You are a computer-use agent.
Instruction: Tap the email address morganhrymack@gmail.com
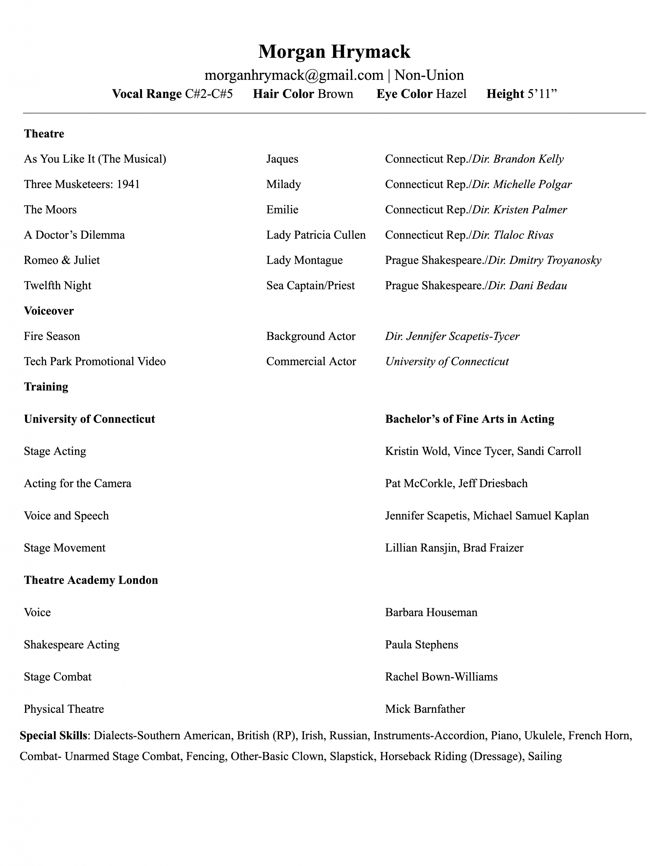(294, 75)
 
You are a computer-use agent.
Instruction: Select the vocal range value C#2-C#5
(209, 94)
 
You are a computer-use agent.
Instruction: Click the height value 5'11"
(542, 94)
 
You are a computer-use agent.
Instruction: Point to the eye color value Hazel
(451, 94)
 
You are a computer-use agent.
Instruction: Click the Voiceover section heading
(49, 311)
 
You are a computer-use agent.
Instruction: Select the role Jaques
(282, 159)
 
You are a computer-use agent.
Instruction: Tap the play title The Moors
(50, 210)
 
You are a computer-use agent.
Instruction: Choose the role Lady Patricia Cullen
(316, 235)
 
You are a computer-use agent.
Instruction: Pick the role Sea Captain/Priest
(310, 286)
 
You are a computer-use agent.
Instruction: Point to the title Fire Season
(52, 337)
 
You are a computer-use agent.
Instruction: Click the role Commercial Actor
(311, 362)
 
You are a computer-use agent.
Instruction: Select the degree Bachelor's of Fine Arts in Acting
(469, 419)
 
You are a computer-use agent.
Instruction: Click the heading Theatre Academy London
(91, 580)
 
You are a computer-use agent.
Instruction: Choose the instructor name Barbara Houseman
(431, 613)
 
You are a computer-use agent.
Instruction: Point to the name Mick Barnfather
(425, 709)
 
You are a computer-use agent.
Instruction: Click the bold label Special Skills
(53, 735)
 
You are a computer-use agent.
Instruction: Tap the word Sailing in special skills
(545, 756)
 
